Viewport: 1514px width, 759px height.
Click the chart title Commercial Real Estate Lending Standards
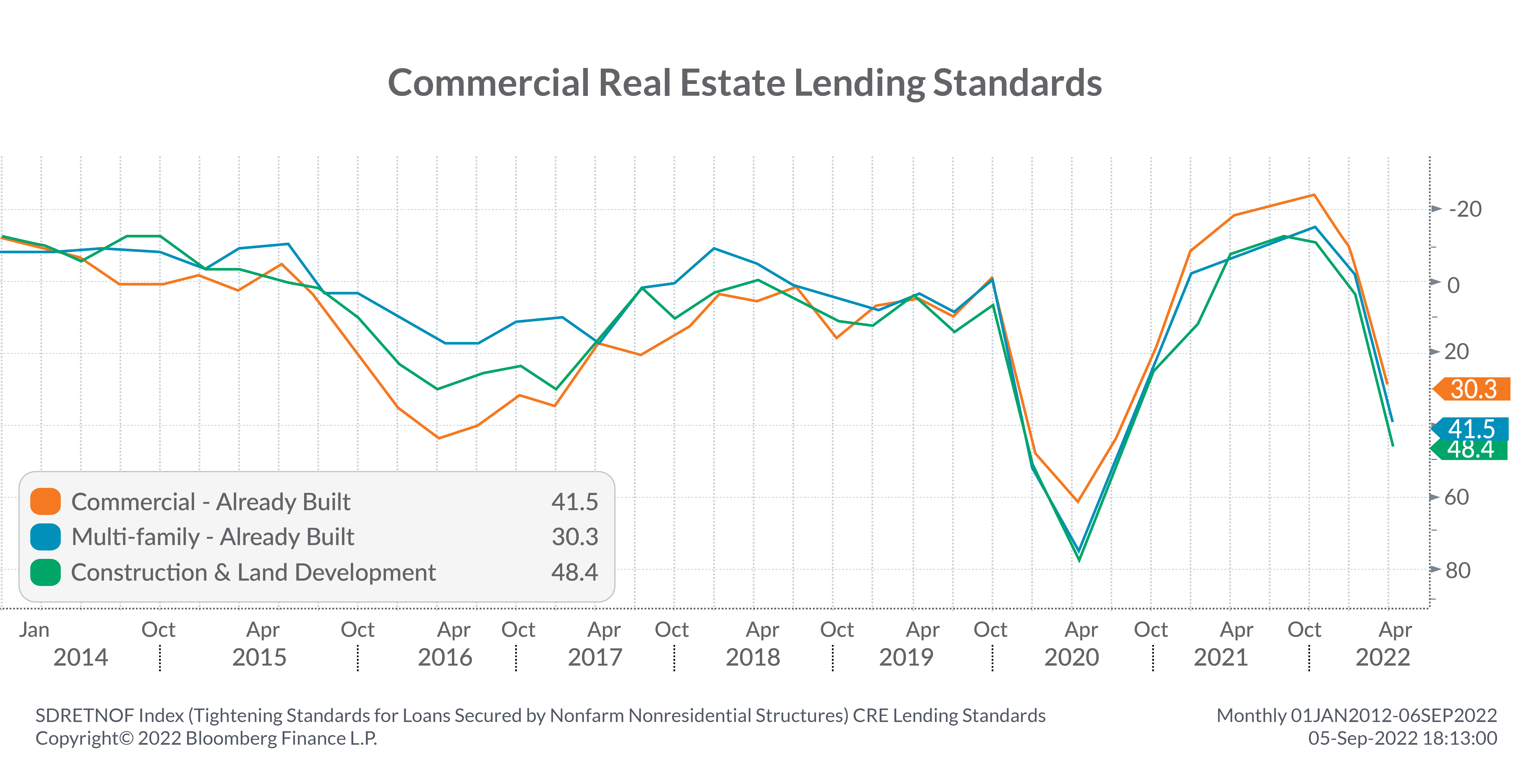click(x=744, y=83)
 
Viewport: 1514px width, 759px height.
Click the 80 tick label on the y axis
click(x=1458, y=570)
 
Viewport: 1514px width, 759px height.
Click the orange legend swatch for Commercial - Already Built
click(x=45, y=502)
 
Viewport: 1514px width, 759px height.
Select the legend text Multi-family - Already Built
click(x=212, y=537)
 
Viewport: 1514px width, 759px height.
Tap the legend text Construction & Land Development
click(x=253, y=572)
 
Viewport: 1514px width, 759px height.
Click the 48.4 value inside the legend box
click(x=574, y=572)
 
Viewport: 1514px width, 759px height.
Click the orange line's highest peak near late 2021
click(x=1314, y=195)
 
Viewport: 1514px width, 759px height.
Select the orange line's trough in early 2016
click(x=438, y=438)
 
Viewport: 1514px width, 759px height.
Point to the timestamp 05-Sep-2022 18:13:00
click(x=1402, y=738)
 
